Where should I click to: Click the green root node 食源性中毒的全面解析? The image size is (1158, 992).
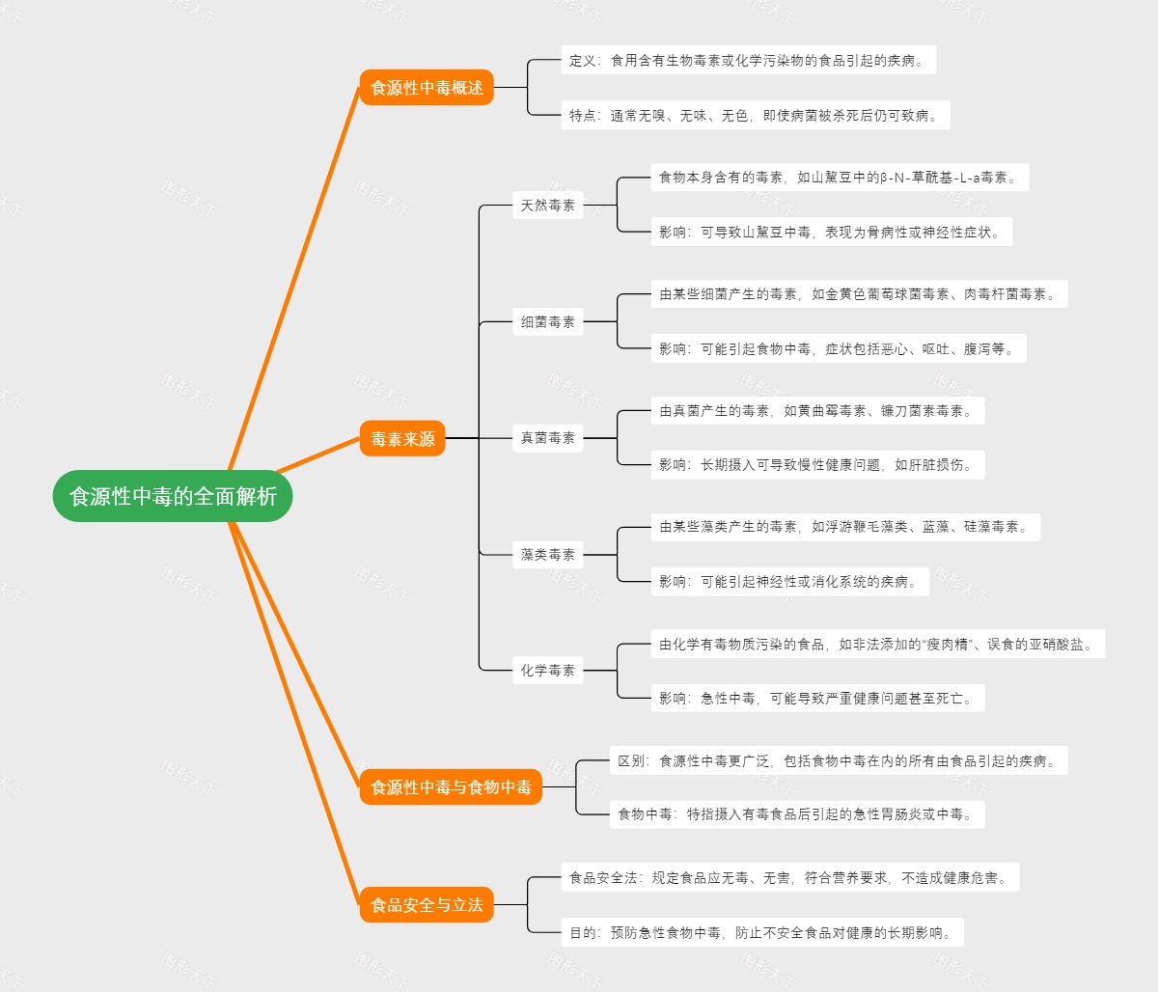coord(173,496)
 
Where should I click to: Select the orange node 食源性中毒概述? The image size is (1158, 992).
coord(427,88)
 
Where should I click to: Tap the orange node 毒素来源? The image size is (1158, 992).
coord(402,439)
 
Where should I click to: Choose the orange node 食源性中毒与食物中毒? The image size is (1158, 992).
coord(451,787)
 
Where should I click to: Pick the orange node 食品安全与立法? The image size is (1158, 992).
coord(427,905)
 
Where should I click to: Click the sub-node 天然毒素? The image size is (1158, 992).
coord(547,206)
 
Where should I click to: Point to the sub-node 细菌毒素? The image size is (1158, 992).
coord(547,322)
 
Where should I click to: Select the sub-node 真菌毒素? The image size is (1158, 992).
coord(547,438)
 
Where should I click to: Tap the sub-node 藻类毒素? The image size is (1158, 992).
coord(547,555)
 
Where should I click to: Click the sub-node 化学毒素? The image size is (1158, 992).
coord(547,671)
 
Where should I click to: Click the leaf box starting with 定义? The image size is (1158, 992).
coord(748,61)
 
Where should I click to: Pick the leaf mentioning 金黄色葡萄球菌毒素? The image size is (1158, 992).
coord(858,294)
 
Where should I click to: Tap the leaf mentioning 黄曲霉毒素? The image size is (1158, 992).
coord(816,411)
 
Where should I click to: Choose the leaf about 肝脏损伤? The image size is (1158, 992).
coord(816,465)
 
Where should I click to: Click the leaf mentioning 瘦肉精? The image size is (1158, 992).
coord(876,645)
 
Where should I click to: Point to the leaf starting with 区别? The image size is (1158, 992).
coord(838,761)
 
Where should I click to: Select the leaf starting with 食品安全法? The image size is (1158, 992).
coord(788,878)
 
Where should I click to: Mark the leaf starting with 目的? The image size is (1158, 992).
coord(761,933)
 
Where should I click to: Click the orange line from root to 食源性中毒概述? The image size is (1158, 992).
coord(293,280)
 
